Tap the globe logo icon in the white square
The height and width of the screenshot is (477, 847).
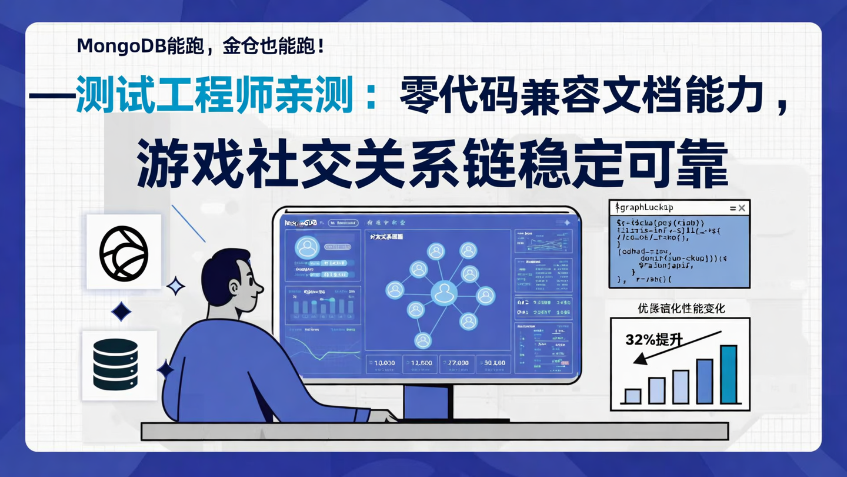[124, 252]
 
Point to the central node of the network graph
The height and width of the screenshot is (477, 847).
[443, 293]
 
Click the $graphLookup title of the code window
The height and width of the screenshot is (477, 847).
[643, 208]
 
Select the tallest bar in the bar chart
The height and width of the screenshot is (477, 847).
[728, 374]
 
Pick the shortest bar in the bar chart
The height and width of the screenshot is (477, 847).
[632, 396]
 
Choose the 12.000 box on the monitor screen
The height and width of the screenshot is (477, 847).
[420, 363]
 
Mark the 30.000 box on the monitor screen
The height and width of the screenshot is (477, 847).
[493, 363]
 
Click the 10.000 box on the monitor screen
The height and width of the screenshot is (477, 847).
[383, 363]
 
